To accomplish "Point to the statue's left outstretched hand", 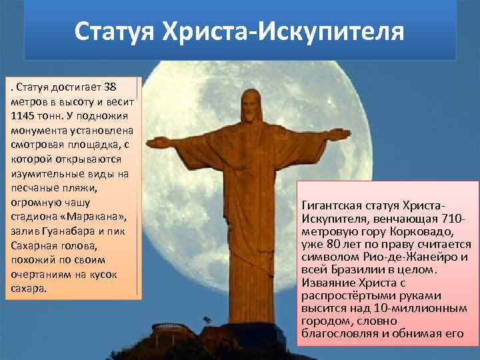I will [x=154, y=142].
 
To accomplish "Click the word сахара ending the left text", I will [x=27, y=289].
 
